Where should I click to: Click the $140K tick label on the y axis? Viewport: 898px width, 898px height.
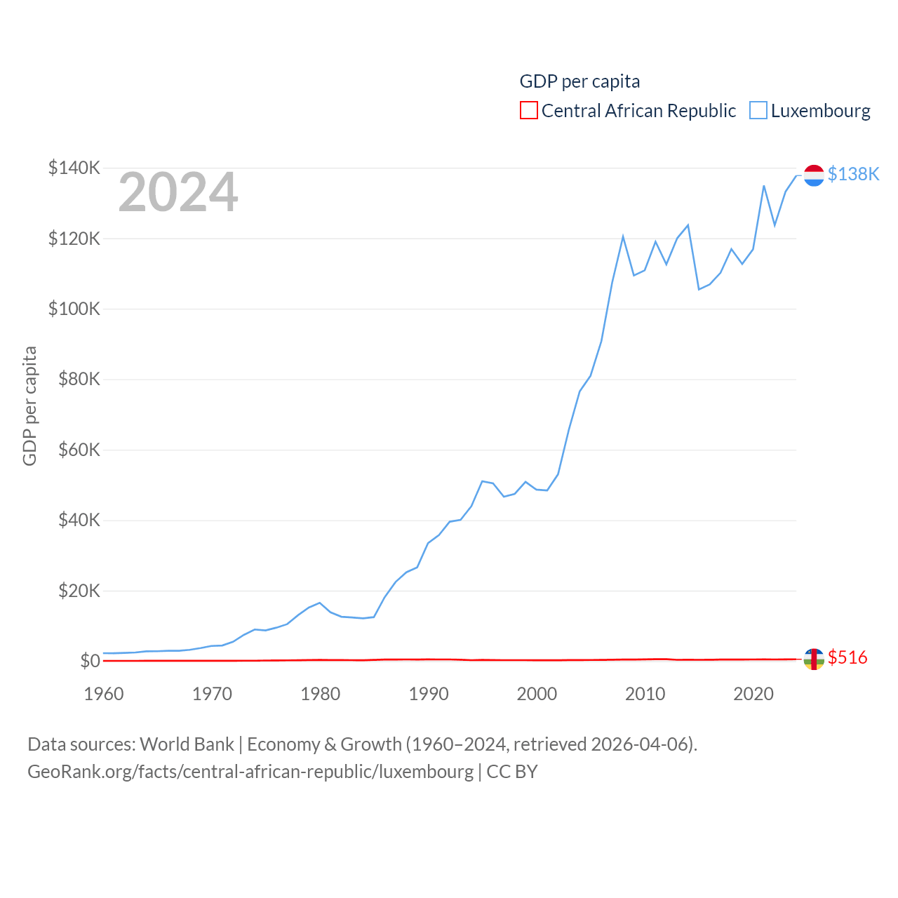pyautogui.click(x=74, y=168)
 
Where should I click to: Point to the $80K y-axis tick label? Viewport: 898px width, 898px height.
pyautogui.click(x=79, y=380)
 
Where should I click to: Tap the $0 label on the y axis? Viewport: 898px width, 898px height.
pyautogui.click(x=90, y=661)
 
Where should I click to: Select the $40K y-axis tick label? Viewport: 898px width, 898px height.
pyautogui.click(x=79, y=521)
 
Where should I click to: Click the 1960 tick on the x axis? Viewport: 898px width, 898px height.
pyautogui.click(x=104, y=694)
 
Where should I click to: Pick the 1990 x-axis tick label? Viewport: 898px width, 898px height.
pyautogui.click(x=429, y=694)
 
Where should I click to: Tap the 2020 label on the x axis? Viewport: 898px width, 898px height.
pyautogui.click(x=753, y=694)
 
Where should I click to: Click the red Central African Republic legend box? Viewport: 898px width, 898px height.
pyautogui.click(x=529, y=111)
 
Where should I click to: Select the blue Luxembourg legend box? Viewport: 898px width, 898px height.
pyautogui.click(x=758, y=111)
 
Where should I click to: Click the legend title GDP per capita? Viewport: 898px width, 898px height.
pyautogui.click(x=579, y=81)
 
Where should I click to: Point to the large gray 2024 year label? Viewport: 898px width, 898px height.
pyautogui.click(x=178, y=192)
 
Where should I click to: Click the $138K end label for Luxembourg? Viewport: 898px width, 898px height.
pyautogui.click(x=853, y=174)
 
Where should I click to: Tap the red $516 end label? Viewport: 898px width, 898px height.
pyautogui.click(x=847, y=657)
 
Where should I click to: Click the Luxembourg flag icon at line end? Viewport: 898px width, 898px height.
pyautogui.click(x=814, y=175)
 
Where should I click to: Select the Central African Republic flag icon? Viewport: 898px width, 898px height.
pyautogui.click(x=814, y=659)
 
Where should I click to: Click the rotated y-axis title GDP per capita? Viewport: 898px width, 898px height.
pyautogui.click(x=29, y=406)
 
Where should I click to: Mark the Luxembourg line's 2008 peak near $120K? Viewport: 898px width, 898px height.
pyautogui.click(x=623, y=236)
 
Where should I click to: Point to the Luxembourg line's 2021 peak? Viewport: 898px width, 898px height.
pyautogui.click(x=764, y=186)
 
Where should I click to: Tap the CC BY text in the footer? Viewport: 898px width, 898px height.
pyautogui.click(x=512, y=772)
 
